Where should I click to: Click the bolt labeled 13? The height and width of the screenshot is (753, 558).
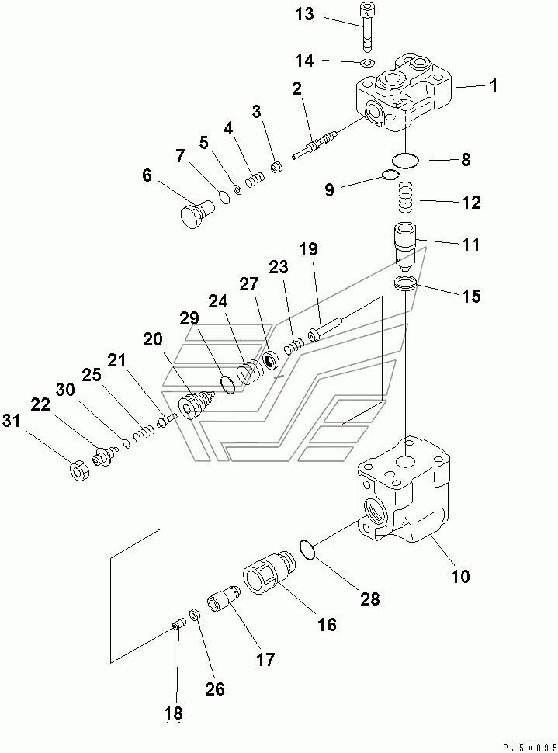366,27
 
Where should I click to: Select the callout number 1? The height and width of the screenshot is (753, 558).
493,85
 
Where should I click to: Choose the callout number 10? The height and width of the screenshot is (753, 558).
459,576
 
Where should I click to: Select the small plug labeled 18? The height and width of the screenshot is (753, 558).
178,626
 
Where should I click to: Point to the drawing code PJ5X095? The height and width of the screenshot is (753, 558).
527,748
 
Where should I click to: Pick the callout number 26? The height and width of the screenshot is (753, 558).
215,689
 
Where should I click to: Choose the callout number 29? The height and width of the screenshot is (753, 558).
189,318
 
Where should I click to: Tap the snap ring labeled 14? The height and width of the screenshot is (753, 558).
369,62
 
